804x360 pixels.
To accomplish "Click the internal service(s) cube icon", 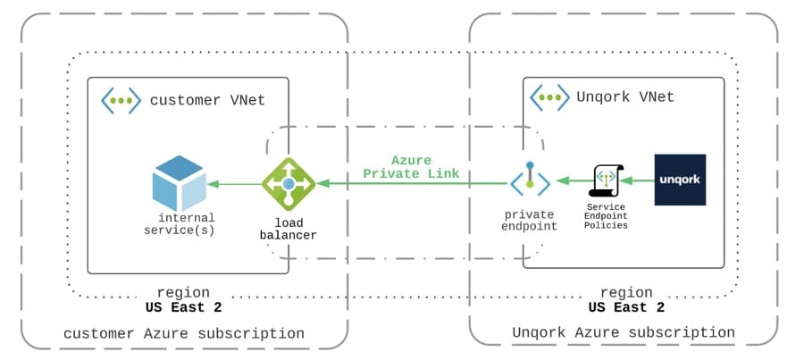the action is point(179,184).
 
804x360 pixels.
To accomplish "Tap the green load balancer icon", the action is point(289,184).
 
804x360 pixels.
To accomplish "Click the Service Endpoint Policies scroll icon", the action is point(606,180).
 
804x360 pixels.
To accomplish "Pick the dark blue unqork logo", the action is point(680,180).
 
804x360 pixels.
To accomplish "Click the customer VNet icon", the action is point(121,100).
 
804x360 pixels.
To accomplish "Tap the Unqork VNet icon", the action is point(549,97).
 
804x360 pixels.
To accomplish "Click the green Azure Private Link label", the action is point(411,167).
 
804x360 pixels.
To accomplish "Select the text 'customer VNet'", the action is point(207,100).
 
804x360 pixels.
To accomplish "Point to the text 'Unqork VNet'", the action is point(625,96).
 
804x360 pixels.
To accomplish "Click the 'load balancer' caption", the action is point(289,230).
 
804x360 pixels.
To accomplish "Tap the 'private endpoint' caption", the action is point(530,220).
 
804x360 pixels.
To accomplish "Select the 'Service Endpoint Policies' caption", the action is point(607,216).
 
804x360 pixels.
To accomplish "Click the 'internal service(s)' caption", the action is point(179,224).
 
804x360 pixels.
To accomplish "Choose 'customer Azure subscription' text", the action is point(183,334).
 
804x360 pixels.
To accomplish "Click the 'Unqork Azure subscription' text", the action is point(624,332).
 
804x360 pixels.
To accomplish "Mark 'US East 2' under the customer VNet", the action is point(183,307).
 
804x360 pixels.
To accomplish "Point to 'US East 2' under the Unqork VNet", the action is point(626,307).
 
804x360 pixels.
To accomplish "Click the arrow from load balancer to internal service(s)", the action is point(234,184).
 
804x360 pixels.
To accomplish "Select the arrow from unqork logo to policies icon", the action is point(637,180).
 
